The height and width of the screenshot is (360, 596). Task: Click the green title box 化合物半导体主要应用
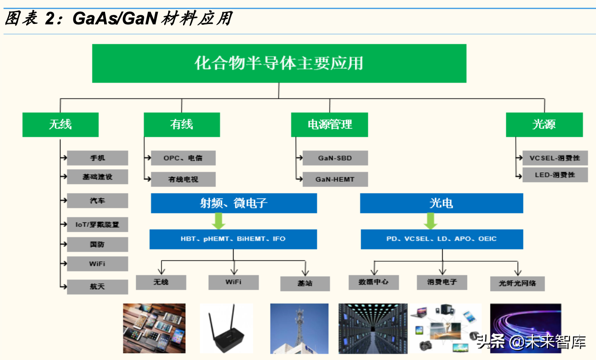pyautogui.click(x=279, y=63)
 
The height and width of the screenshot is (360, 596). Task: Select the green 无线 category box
pyautogui.click(x=60, y=125)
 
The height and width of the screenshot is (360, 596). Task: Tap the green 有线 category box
pyautogui.click(x=182, y=125)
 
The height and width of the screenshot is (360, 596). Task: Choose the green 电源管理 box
pyautogui.click(x=329, y=125)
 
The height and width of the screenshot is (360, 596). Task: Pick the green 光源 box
pyautogui.click(x=544, y=125)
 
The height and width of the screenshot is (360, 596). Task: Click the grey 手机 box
pyautogui.click(x=97, y=158)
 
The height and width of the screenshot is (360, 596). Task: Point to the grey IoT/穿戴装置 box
pyautogui.click(x=97, y=224)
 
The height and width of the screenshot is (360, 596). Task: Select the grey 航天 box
pyautogui.click(x=97, y=286)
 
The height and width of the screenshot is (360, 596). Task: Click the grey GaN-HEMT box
pyautogui.click(x=335, y=179)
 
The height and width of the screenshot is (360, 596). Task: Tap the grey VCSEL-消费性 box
pyautogui.click(x=555, y=158)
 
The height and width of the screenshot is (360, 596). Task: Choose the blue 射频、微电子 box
pyautogui.click(x=234, y=203)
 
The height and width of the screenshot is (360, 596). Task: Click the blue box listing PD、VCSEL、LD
pyautogui.click(x=441, y=239)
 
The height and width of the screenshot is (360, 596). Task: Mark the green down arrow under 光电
pyautogui.click(x=431, y=221)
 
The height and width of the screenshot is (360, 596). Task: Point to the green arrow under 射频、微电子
pyautogui.click(x=219, y=221)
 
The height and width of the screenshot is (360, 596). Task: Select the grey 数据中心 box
pyautogui.click(x=374, y=282)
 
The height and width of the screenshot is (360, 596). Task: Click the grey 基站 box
pyautogui.click(x=305, y=283)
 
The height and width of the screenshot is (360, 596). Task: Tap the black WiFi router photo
pyautogui.click(x=226, y=328)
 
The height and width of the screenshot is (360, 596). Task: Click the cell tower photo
pyautogui.click(x=299, y=328)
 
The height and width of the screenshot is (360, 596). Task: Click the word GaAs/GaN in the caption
pyautogui.click(x=115, y=19)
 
